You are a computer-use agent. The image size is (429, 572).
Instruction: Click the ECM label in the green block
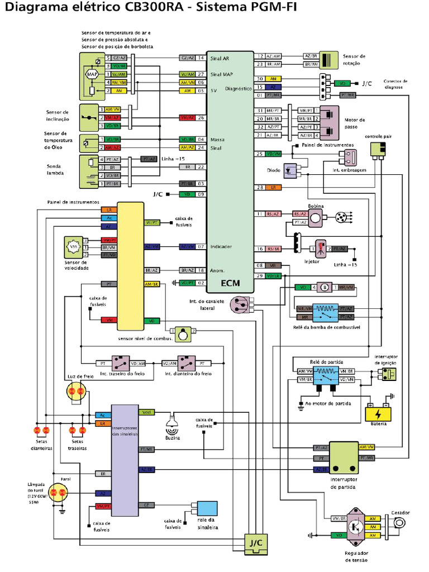pyautogui.click(x=230, y=284)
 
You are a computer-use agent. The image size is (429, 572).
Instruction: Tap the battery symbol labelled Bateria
pyautogui.click(x=378, y=413)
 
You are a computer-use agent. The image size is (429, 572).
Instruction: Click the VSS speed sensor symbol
pyautogui.click(x=73, y=246)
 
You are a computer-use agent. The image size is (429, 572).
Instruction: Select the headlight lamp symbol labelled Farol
pyautogui.click(x=59, y=492)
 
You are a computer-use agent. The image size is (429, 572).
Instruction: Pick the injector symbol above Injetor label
pyautogui.click(x=321, y=248)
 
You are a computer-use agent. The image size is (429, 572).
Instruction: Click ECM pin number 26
pyautogui.click(x=201, y=118)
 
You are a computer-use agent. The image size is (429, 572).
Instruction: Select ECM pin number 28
pyautogui.click(x=260, y=187)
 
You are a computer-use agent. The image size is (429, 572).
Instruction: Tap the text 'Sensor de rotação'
pyautogui.click(x=354, y=59)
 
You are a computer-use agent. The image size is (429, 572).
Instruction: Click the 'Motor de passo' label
pyautogui.click(x=355, y=123)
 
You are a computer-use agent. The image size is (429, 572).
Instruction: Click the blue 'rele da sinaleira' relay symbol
pyautogui.click(x=204, y=508)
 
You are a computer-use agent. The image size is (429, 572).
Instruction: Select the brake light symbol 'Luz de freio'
pyautogui.click(x=75, y=393)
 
